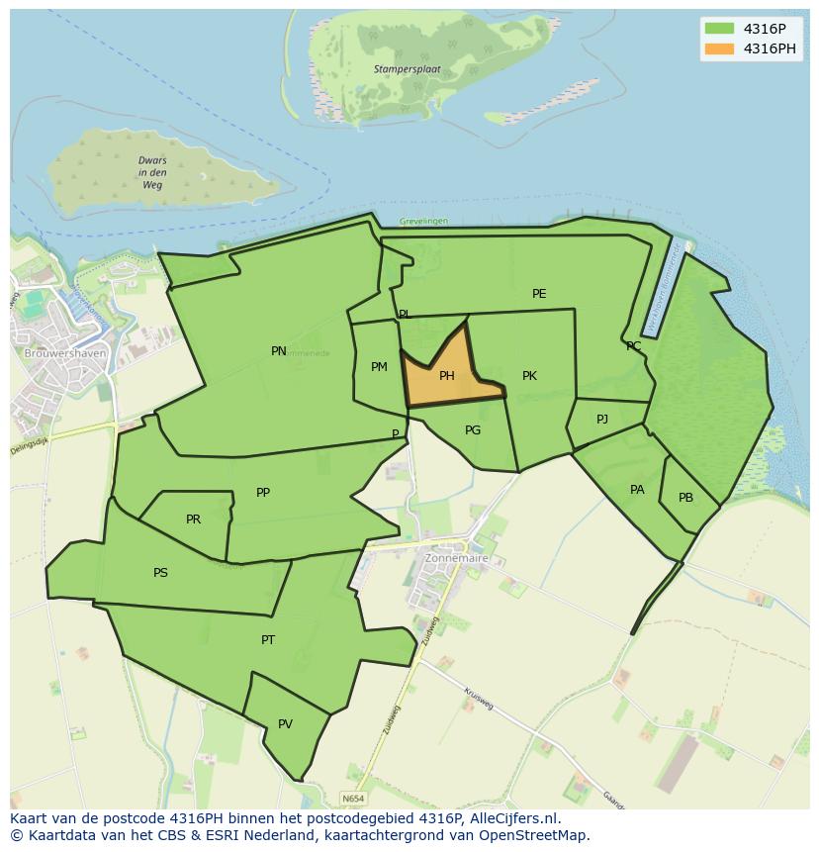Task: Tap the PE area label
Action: point(539,294)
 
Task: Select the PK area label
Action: point(529,376)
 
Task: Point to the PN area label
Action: point(279,351)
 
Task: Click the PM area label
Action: point(379,367)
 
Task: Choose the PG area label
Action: point(473,430)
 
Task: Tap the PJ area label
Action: point(602,420)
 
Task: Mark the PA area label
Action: point(637,490)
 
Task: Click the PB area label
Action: point(685,498)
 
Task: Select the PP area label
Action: point(263,493)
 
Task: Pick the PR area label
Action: point(193,520)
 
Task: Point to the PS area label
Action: point(160,573)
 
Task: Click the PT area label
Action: point(268,640)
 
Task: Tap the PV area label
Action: point(285,724)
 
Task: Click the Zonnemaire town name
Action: point(456,558)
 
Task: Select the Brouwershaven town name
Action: point(65,353)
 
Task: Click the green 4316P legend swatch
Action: point(719,29)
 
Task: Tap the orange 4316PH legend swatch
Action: point(719,48)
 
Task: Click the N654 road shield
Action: point(352,798)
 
